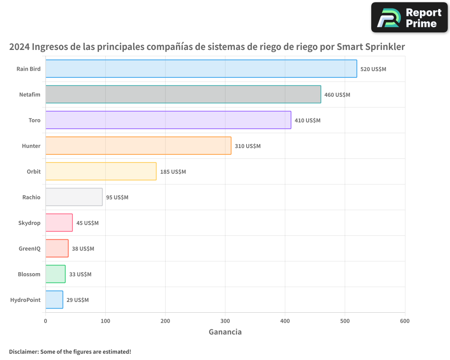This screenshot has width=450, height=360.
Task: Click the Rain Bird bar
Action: tap(201, 69)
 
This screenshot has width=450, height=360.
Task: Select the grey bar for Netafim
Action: tap(183, 94)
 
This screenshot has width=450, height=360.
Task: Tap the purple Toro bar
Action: tap(168, 120)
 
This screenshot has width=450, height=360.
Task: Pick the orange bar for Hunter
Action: tap(138, 146)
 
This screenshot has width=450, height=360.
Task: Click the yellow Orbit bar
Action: tap(101, 171)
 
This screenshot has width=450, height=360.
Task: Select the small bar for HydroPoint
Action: tap(54, 300)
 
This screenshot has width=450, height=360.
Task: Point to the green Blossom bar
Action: tap(55, 274)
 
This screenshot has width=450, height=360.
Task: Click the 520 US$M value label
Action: tap(373, 69)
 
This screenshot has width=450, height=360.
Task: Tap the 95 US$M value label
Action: tap(117, 198)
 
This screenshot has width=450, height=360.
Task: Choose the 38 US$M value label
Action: tap(83, 249)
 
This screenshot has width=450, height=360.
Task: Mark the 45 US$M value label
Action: tap(87, 223)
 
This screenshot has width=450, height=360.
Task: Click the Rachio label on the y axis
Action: tap(31, 197)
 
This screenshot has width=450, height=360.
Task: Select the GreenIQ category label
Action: tap(29, 248)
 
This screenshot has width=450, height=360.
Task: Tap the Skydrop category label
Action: tap(30, 223)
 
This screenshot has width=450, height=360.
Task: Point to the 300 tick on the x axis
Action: tap(225, 321)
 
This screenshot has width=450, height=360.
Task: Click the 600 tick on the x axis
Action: tap(405, 321)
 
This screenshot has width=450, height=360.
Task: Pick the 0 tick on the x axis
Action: tap(45, 321)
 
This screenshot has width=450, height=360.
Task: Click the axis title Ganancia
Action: tap(225, 332)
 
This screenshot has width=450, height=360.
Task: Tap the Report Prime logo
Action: tap(409, 18)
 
